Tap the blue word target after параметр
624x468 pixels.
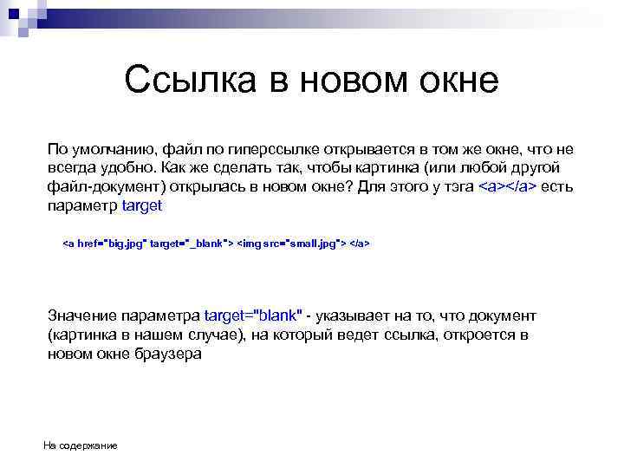point(143,206)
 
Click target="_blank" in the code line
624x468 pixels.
point(191,244)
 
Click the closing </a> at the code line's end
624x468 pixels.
point(360,244)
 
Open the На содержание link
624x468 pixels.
point(81,445)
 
